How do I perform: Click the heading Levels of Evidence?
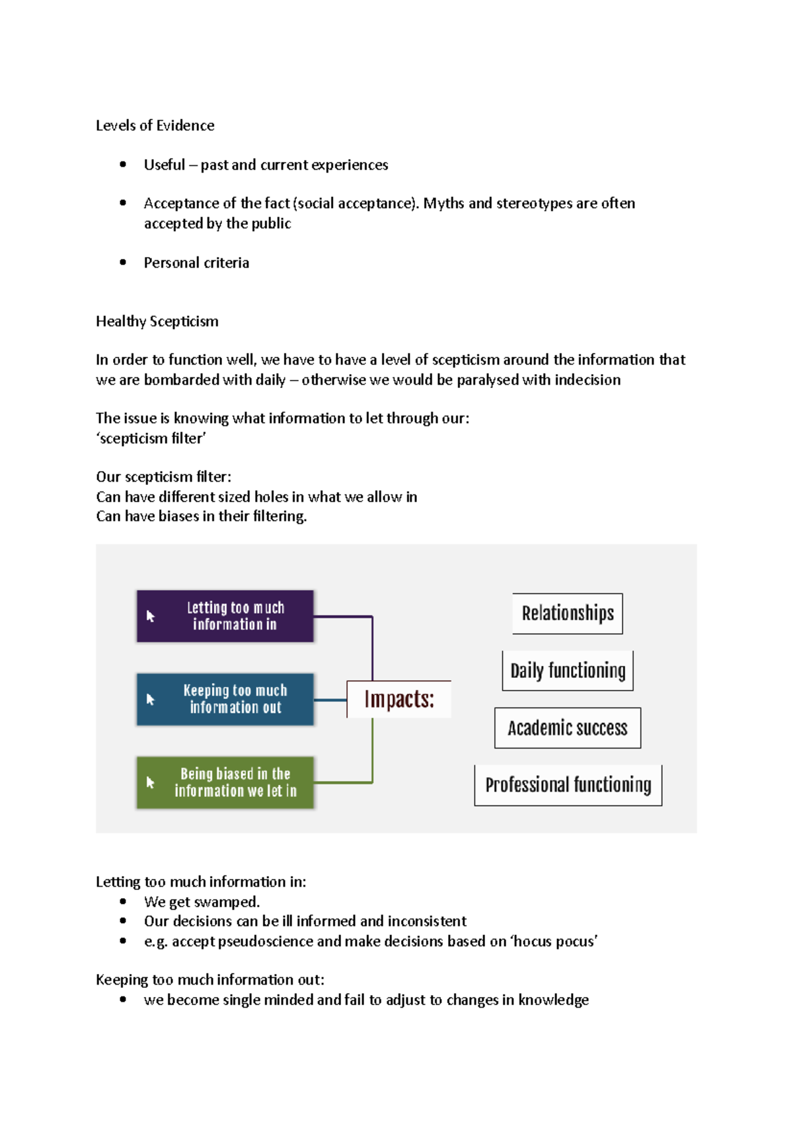[x=155, y=126]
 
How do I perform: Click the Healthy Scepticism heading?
[x=157, y=321]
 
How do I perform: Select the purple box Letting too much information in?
[x=225, y=616]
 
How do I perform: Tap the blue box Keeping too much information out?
[x=225, y=699]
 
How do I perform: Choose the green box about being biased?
[x=225, y=782]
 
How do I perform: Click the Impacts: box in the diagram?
[x=399, y=699]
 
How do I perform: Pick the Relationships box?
[x=568, y=613]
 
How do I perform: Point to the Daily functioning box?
[x=568, y=671]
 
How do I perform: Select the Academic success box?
[x=568, y=728]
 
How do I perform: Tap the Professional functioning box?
[x=568, y=785]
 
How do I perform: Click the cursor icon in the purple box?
[x=151, y=616]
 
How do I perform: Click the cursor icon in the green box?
[x=151, y=782]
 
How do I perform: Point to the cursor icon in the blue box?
[x=151, y=699]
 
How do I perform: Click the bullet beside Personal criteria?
[x=123, y=262]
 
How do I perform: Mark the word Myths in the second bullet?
[x=443, y=204]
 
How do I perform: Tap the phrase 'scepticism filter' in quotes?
[x=151, y=438]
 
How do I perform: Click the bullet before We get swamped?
[x=123, y=901]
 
